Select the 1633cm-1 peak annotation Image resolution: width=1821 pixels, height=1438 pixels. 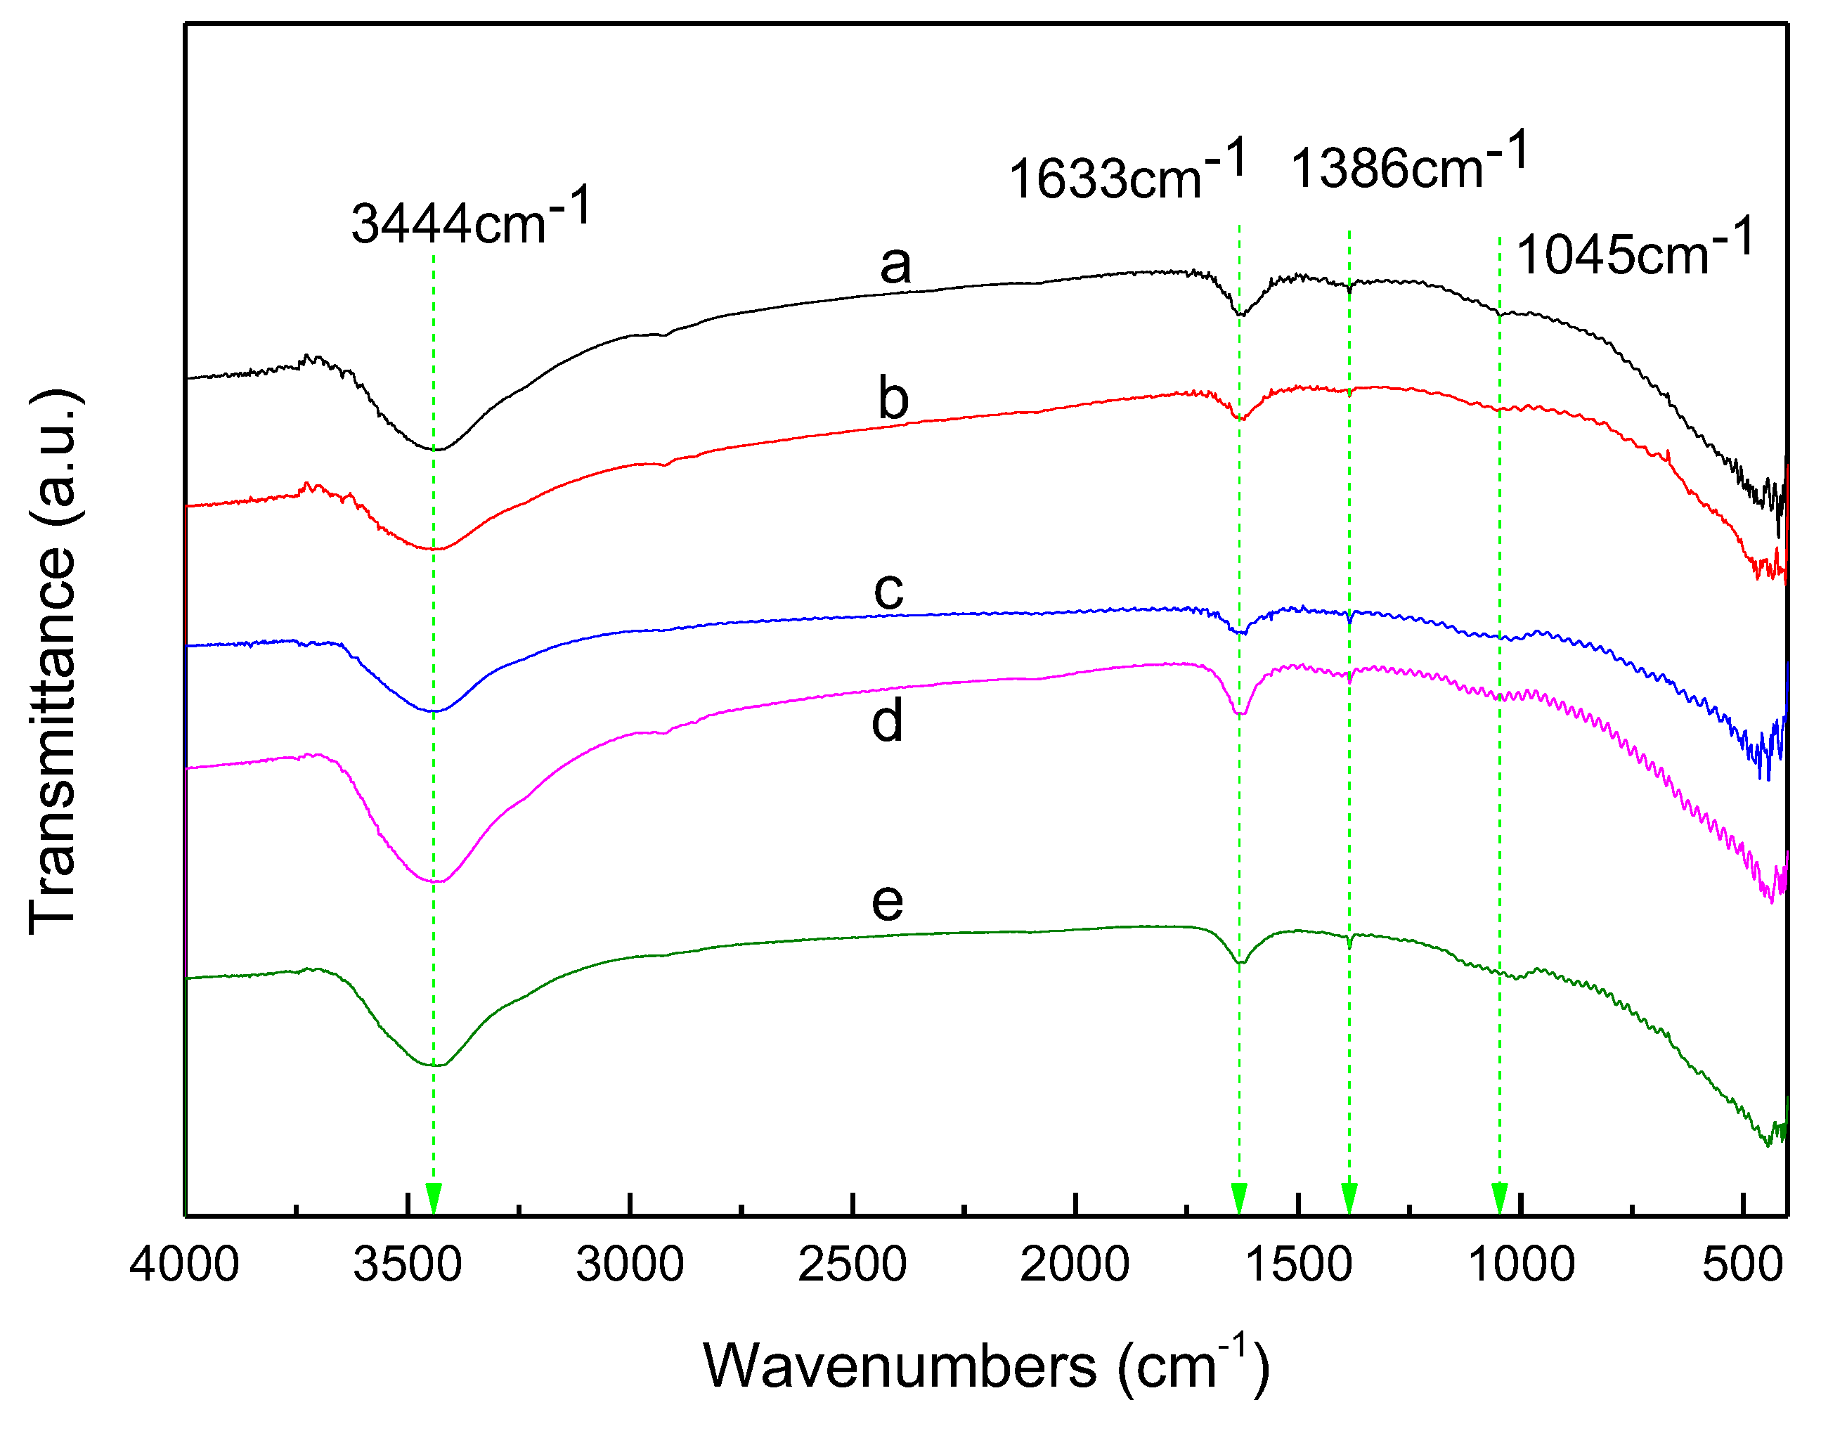(x=1127, y=174)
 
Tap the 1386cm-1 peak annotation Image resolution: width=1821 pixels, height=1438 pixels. (x=1408, y=163)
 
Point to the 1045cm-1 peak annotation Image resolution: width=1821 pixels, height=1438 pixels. (x=1634, y=250)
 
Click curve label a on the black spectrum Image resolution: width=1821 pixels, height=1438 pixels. (x=895, y=265)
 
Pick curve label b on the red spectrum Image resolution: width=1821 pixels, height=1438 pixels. (x=893, y=399)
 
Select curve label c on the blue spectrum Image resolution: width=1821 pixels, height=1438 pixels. (x=888, y=590)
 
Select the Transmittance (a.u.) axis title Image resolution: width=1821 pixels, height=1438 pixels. (x=55, y=661)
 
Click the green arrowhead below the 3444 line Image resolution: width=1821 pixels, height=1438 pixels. (x=434, y=1198)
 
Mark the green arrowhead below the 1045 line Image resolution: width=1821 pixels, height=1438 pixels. (x=1499, y=1198)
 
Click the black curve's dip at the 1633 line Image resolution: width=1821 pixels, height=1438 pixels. (x=1240, y=315)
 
